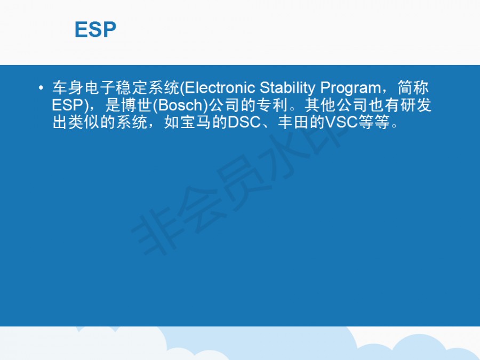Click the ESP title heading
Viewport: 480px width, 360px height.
(95, 29)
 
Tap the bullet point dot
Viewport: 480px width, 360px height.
(41, 88)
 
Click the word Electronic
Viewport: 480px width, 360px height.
(220, 88)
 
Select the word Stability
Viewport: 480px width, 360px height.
(287, 88)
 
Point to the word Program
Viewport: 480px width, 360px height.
(350, 89)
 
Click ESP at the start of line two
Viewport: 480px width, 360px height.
(67, 105)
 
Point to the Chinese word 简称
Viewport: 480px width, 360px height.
(413, 88)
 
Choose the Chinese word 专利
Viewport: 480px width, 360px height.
(272, 105)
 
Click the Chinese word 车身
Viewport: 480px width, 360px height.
(68, 88)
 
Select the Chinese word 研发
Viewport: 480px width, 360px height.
(415, 105)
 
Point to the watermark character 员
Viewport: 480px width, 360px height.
(242, 181)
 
